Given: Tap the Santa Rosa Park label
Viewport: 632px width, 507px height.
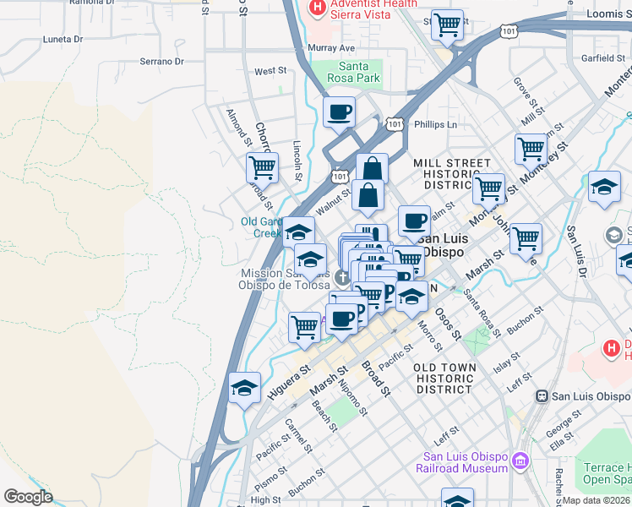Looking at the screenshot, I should pos(360,73).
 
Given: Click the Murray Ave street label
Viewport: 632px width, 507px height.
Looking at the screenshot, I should pos(331,48).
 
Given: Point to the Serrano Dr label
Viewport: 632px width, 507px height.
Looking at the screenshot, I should pos(161,62).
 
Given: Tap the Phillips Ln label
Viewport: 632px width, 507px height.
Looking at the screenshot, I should pos(435,124).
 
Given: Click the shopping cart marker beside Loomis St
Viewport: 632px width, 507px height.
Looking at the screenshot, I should pos(447,25).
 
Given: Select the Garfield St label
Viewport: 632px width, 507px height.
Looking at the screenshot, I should pos(602,58).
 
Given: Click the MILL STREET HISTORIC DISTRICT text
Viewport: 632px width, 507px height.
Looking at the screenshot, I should pos(451,173).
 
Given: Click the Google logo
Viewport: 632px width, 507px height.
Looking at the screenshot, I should pos(29,497).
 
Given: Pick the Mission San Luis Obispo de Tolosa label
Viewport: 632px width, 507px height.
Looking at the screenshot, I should pos(285,279).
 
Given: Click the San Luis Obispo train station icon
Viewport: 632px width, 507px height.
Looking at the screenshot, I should pos(544,395).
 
